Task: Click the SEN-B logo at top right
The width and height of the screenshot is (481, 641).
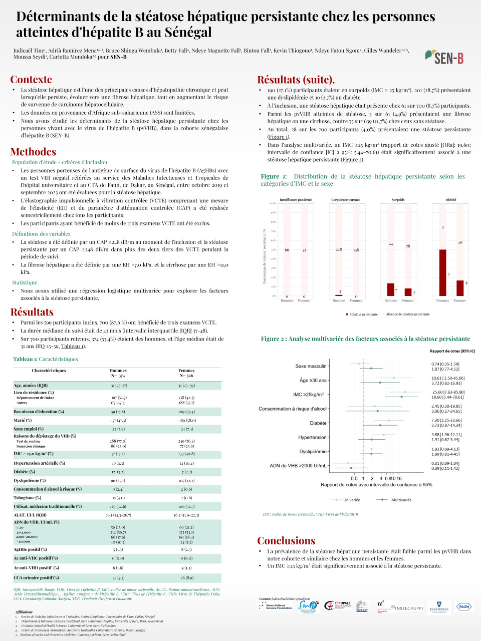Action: [x=444, y=57]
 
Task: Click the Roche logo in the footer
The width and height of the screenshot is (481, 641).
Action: [x=463, y=606]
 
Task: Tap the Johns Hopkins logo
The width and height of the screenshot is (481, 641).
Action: [x=439, y=607]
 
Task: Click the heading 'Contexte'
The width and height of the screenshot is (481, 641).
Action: [x=31, y=80]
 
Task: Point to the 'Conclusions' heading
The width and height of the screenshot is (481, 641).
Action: [x=286, y=541]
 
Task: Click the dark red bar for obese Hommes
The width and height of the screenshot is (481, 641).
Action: [x=442, y=272]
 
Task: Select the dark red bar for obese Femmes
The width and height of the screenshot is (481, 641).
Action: [x=460, y=288]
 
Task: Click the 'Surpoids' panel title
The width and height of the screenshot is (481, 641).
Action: [x=398, y=200]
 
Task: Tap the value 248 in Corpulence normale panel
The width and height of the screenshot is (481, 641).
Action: [x=339, y=249]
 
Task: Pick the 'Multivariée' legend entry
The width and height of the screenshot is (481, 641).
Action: [x=401, y=500]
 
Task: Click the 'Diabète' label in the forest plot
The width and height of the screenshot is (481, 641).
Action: [x=318, y=423]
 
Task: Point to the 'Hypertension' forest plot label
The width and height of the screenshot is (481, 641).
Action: [x=312, y=437]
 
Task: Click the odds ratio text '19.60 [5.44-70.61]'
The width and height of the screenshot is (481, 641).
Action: [x=447, y=397]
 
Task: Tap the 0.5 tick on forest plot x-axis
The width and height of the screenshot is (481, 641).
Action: [x=354, y=478]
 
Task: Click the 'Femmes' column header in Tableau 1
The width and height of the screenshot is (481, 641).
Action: [x=186, y=371]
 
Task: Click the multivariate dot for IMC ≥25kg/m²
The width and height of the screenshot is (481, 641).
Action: [x=401, y=397]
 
